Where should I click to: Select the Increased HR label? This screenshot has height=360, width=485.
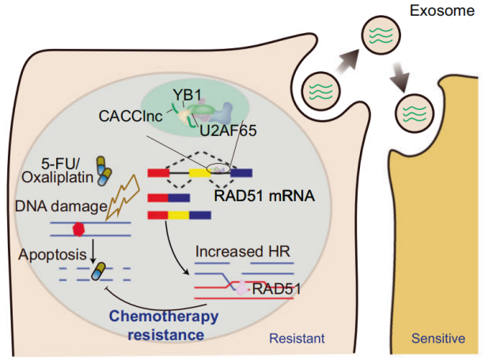click(x=242, y=252)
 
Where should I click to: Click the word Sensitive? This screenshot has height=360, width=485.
click(x=438, y=339)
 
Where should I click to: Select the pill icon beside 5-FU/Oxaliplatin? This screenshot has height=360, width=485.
click(x=104, y=168)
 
